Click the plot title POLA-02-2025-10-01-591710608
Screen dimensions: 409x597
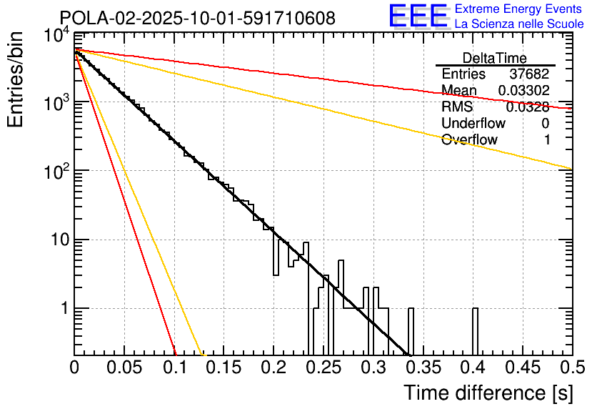197,18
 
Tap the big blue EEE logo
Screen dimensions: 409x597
418,17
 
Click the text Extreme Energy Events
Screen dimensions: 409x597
519,9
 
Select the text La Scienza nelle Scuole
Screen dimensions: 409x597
519,24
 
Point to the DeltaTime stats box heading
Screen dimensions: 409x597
494,58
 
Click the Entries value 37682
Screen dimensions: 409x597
529,74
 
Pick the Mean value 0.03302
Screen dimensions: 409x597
523,91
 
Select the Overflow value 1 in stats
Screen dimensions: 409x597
547,140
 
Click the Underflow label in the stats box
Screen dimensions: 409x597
473,124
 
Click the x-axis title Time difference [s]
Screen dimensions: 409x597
488,393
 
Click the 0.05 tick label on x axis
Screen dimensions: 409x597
124,368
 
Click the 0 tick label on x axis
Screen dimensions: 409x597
74,368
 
